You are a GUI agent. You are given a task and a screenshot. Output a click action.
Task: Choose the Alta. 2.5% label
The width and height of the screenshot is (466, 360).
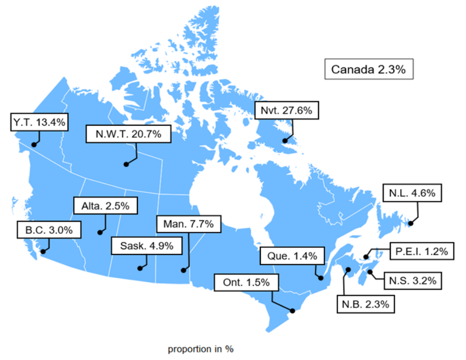point(105,205)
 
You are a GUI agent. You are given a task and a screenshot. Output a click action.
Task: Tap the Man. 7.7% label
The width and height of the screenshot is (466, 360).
point(189,223)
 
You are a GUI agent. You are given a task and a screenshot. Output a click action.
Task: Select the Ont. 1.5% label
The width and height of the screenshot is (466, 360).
point(246,283)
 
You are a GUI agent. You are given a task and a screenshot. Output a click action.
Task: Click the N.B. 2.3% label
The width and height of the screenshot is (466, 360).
point(366,304)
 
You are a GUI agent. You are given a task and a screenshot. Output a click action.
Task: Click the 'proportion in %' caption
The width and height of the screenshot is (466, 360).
point(200,348)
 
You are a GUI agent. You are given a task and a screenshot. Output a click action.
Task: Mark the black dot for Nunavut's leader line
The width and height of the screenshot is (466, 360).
point(286,141)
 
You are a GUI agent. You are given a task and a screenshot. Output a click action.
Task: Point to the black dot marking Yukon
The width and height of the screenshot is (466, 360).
point(34,144)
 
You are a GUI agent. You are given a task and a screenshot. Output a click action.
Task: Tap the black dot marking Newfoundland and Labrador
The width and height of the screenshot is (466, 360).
point(411,223)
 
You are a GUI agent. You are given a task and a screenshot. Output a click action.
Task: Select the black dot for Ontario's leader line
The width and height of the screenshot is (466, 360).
point(292,311)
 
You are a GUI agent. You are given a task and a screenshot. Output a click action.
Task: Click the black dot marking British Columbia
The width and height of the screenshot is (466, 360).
point(43,251)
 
